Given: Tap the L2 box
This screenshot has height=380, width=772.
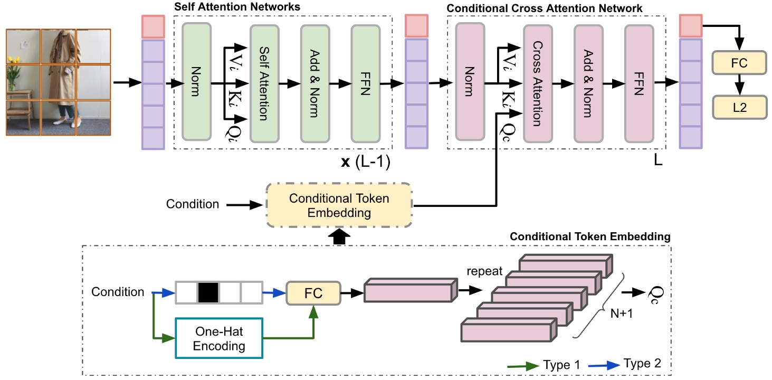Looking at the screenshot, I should (739, 107).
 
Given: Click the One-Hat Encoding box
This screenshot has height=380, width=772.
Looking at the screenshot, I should (219, 338).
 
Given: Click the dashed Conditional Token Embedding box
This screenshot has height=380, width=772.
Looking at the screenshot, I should (339, 205).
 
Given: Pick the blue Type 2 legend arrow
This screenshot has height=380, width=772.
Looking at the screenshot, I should (604, 365).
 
